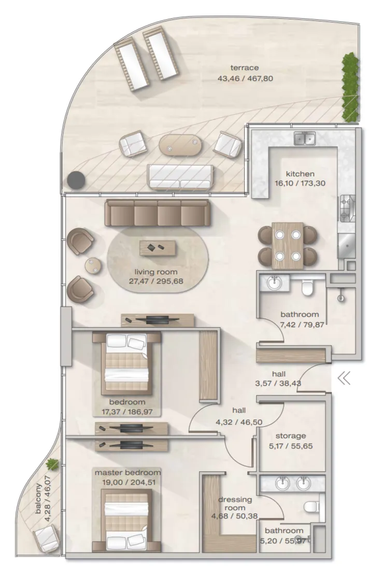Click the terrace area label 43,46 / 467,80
point(245,78)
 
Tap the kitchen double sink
point(305,139)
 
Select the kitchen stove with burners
point(347,208)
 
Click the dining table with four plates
point(288,245)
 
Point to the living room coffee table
point(158,248)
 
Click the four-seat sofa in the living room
point(158,213)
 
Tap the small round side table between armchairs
point(93,265)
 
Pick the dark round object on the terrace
point(77,180)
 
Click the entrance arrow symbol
point(344,378)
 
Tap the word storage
point(291,436)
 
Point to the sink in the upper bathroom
point(273,283)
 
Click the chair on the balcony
point(46,539)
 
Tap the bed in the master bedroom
point(127,520)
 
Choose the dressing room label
point(235,508)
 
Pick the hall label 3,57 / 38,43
point(278,378)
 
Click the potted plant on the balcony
point(52,465)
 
